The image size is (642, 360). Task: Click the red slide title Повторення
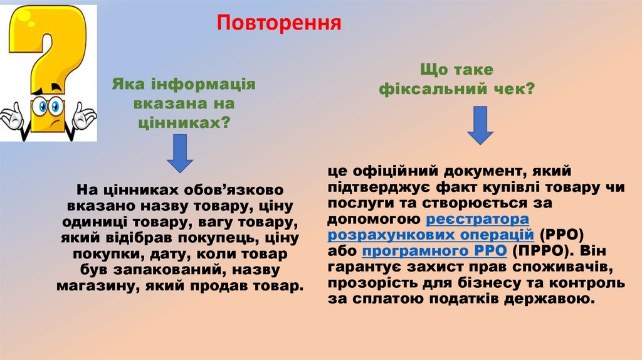pos(279,23)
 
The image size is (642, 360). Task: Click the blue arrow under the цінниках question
pos(180,154)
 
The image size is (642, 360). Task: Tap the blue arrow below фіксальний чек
pos(480,125)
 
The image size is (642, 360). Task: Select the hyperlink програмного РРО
pos(434,251)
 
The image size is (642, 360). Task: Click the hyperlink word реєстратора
pos(478,219)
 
